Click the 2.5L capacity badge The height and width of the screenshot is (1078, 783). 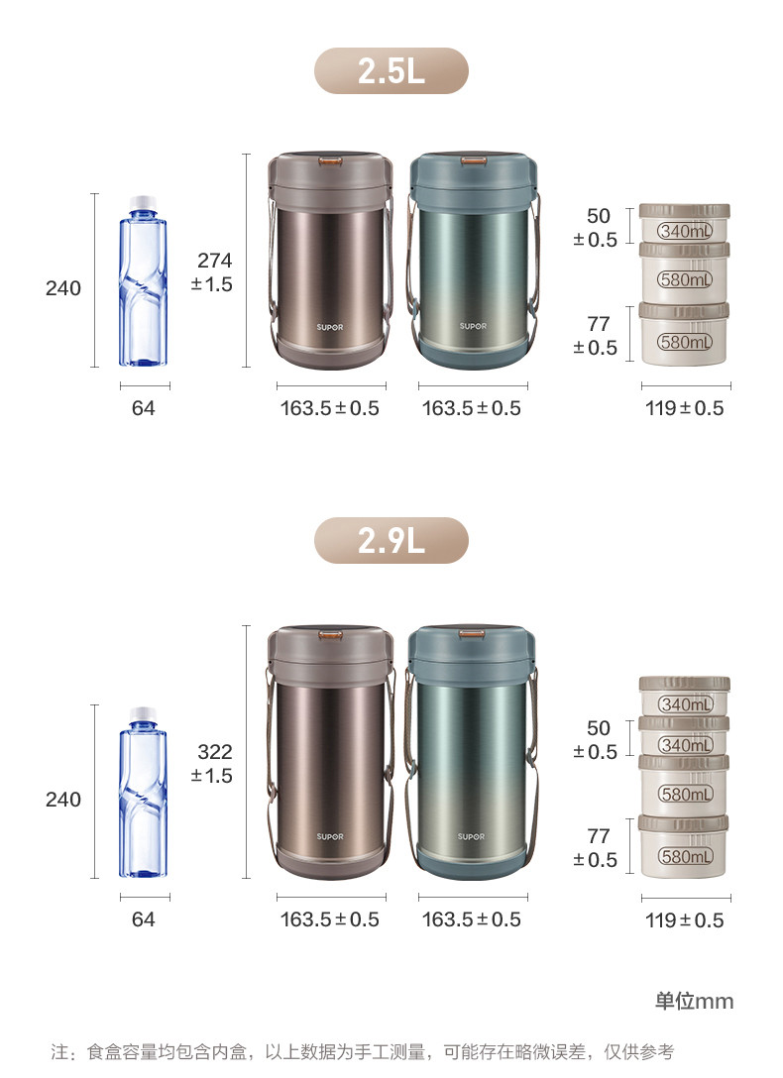pos(391,70)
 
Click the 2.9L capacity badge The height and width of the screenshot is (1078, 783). pos(391,540)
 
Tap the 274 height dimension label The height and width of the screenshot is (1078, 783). pos(212,272)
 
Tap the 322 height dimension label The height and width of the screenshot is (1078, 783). pos(212,764)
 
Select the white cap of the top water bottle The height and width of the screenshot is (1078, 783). pos(143,203)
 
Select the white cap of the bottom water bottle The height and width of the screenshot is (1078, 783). pos(143,714)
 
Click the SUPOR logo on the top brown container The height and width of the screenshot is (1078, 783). pos(330,327)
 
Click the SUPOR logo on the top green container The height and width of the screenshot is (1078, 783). pos(473,326)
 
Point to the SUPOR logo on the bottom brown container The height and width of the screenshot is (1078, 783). pos(330,836)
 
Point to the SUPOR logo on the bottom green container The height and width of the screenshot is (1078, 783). pos(472,836)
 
